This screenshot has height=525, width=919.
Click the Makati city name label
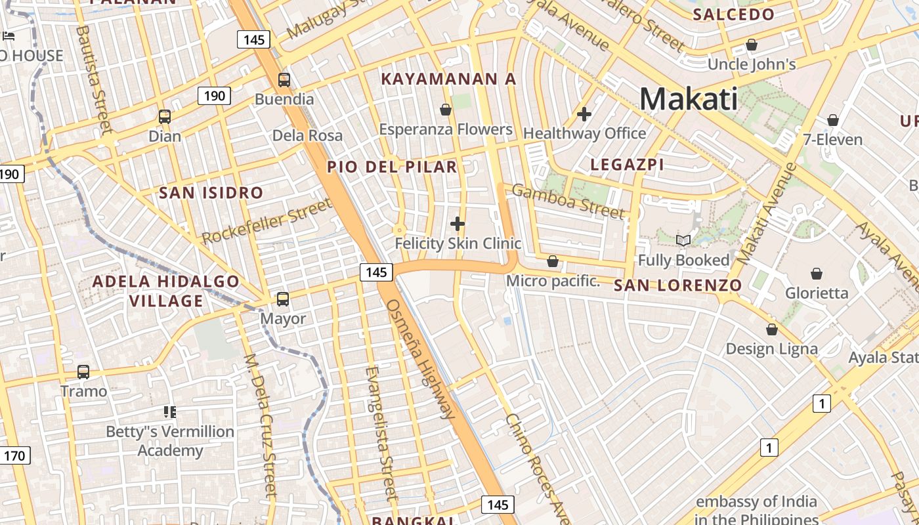(689, 99)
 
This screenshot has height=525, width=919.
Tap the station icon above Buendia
(284, 80)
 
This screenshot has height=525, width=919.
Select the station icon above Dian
(165, 117)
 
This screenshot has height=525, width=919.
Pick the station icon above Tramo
(83, 372)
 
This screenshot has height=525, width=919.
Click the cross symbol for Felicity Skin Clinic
(458, 224)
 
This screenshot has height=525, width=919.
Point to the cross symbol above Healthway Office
(584, 114)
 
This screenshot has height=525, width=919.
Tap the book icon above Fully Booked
(683, 241)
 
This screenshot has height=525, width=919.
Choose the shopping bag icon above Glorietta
(817, 273)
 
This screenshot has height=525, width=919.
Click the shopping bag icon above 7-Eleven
(833, 120)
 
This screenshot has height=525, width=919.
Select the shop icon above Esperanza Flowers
(446, 110)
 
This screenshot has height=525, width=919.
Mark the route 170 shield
(14, 455)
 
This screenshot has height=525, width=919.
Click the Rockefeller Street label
(267, 222)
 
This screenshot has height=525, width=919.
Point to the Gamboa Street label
(568, 201)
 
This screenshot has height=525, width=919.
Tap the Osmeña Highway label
(420, 359)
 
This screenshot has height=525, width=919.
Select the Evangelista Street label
(381, 433)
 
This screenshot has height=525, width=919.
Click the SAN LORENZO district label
(677, 285)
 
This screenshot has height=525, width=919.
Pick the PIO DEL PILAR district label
(392, 167)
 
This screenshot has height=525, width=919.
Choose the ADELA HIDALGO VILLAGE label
(166, 291)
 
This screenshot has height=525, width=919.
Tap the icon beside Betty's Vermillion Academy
(170, 412)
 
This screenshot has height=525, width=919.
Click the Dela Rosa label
(307, 136)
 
